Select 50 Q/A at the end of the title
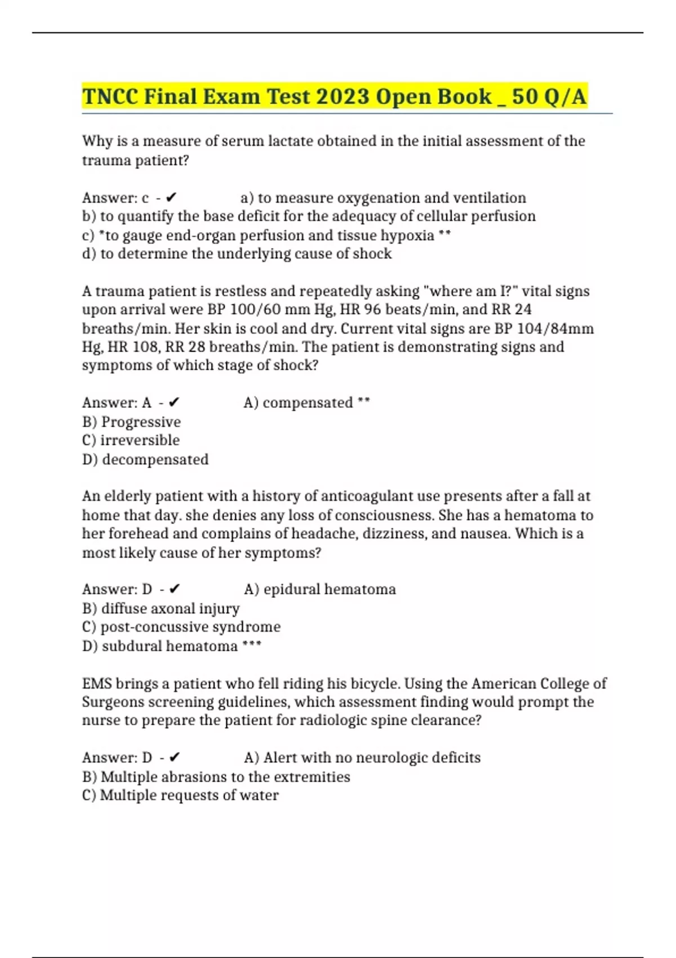(x=549, y=96)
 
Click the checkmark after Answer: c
(x=172, y=198)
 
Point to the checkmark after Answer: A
(x=174, y=402)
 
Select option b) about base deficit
(x=309, y=216)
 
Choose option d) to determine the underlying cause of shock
(x=237, y=254)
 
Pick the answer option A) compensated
(x=306, y=403)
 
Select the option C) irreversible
(x=131, y=440)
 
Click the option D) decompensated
(x=145, y=459)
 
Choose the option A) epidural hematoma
(x=320, y=589)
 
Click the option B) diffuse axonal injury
(x=161, y=609)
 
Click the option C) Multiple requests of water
(x=180, y=795)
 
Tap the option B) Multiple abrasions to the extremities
(x=216, y=777)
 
